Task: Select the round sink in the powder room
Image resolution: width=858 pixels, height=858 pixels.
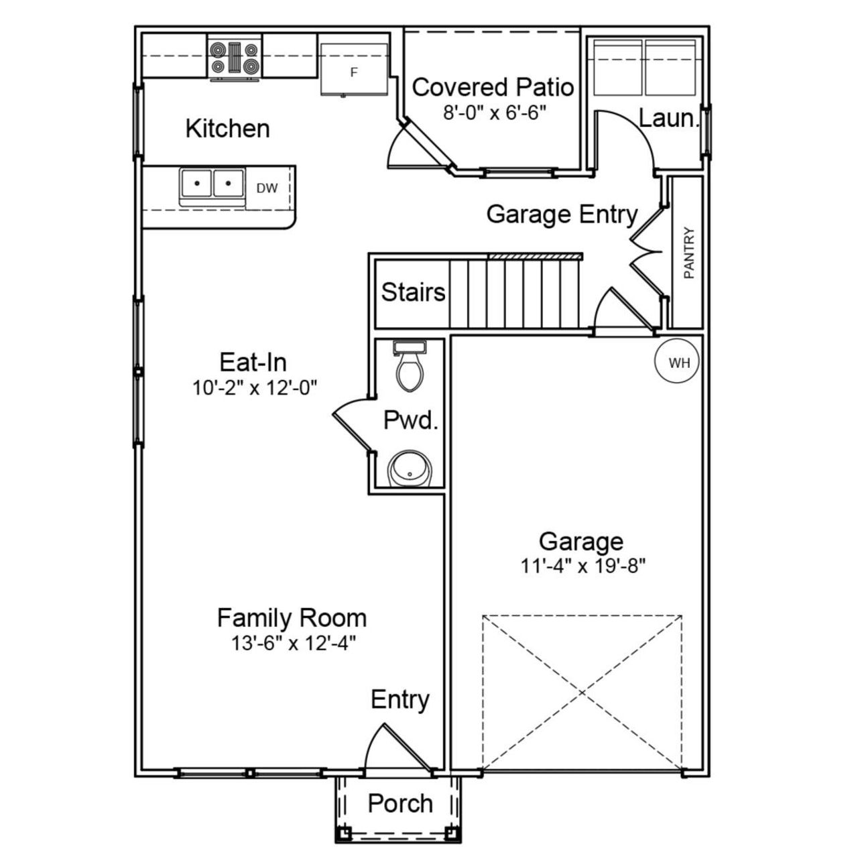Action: point(410,470)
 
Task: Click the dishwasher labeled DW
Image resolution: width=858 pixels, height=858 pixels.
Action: point(267,188)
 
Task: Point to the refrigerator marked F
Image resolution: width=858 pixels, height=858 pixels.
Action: point(354,70)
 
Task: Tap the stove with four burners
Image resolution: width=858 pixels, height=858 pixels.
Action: point(234,58)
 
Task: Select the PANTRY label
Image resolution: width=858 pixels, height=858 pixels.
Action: point(688,253)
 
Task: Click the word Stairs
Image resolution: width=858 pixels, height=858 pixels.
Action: point(413,292)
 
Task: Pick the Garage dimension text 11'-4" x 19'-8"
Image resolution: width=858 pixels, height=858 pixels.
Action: point(583,566)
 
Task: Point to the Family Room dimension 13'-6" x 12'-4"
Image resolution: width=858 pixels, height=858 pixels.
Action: point(293,643)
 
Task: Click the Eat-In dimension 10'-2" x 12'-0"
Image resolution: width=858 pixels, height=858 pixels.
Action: point(255,387)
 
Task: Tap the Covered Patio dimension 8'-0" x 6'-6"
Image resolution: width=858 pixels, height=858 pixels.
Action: point(495,112)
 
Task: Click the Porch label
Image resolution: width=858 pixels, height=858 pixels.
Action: point(400,803)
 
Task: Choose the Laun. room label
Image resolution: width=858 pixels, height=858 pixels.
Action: point(668,119)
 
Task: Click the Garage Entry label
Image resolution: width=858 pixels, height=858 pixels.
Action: point(562,214)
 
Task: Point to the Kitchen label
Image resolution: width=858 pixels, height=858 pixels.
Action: point(227,128)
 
